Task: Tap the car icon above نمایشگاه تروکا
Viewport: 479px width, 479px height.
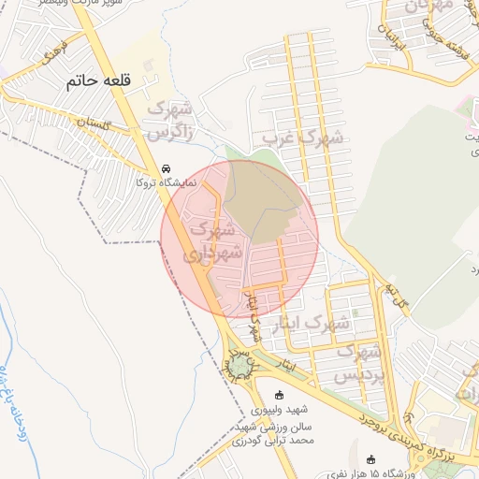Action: coord(167,168)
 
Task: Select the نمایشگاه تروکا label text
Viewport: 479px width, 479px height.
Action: coord(167,183)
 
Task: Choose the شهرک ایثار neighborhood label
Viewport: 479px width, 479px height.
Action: coord(309,326)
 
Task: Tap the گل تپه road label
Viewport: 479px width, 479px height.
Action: coord(400,301)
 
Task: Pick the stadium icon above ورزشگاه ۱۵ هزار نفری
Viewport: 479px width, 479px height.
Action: coord(372,459)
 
